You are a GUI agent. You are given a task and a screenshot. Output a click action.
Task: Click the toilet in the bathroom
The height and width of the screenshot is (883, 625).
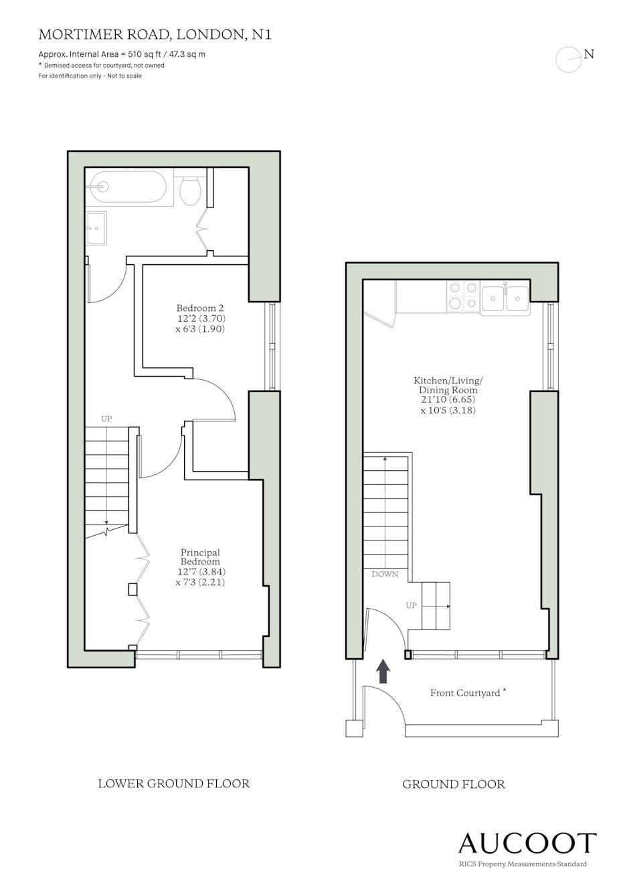pyautogui.click(x=191, y=191)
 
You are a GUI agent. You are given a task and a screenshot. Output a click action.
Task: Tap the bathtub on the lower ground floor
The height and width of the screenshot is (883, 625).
pyautogui.click(x=130, y=186)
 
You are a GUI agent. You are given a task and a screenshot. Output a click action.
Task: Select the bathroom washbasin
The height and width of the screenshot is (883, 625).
pyautogui.click(x=96, y=228)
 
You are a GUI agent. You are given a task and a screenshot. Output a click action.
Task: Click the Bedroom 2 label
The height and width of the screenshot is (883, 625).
pyautogui.click(x=200, y=318)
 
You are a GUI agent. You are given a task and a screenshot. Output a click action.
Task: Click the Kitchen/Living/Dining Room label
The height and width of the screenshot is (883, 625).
pyautogui.click(x=448, y=395)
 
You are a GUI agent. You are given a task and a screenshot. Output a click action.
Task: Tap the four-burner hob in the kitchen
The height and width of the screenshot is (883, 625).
pyautogui.click(x=463, y=296)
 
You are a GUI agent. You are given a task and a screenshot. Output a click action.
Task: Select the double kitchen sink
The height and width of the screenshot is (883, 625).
pyautogui.click(x=505, y=298)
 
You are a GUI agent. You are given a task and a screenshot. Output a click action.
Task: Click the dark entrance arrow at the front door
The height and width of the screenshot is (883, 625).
pyautogui.click(x=383, y=670)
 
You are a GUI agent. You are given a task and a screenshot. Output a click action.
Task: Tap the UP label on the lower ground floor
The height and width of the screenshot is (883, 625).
pyautogui.click(x=106, y=419)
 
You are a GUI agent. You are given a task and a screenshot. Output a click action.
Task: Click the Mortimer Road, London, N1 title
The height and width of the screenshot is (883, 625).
pyautogui.click(x=155, y=35)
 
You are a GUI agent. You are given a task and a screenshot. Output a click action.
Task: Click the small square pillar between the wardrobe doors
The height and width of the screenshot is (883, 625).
pyautogui.click(x=132, y=589)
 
